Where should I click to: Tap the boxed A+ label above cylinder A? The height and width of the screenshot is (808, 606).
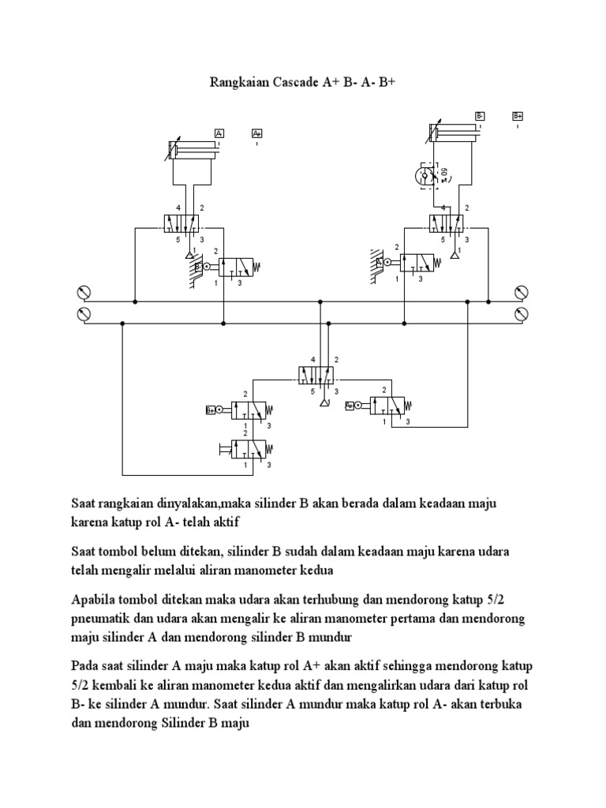pos(257,133)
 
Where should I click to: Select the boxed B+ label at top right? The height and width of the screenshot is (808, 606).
pos(518,116)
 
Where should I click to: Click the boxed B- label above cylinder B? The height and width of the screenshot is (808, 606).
pos(480,116)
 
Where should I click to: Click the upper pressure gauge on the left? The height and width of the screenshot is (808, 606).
pos(80,294)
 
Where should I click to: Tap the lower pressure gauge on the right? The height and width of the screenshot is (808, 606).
pos(520,315)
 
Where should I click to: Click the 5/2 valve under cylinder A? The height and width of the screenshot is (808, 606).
pos(184,224)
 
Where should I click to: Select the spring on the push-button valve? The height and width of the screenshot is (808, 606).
pos(268,449)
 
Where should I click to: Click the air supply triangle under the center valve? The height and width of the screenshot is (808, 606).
pos(320,403)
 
